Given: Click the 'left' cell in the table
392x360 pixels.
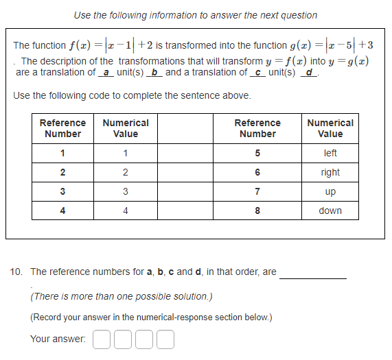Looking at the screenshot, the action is click(330, 153).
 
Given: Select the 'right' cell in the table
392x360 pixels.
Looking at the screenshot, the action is click(330, 172).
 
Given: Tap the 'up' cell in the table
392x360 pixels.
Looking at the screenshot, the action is click(330, 191).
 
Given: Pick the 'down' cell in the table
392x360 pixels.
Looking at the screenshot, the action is click(330, 211).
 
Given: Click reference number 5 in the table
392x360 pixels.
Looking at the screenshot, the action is click(257, 153).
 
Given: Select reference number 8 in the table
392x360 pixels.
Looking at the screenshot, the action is click(257, 211).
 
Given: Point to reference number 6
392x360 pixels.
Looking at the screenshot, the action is click(257, 172).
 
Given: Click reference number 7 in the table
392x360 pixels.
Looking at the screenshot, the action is click(257, 191).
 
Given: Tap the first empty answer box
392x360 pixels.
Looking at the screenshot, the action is click(100, 339).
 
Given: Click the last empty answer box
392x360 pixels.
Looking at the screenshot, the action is click(166, 339).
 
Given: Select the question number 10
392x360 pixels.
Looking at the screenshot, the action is click(16, 272).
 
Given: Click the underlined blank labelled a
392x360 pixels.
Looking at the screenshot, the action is click(106, 72).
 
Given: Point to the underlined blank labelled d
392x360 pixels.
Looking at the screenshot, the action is click(311, 72).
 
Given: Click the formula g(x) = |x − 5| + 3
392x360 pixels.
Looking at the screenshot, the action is click(320, 45).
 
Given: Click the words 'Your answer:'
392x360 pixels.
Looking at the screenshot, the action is click(58, 339).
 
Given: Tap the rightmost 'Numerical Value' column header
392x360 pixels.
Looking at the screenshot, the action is click(330, 128).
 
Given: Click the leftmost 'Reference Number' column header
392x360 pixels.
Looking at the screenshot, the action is click(62, 128).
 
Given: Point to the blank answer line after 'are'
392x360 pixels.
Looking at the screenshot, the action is click(313, 276).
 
